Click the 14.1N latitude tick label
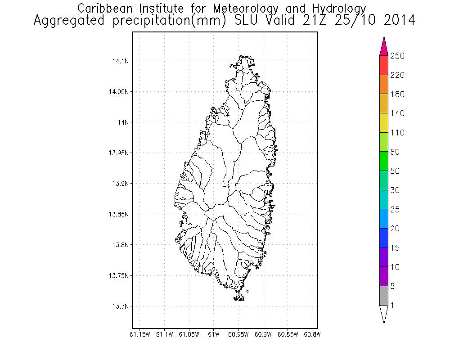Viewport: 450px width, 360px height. pyautogui.click(x=119, y=61)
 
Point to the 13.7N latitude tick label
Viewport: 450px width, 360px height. pyautogui.click(x=119, y=306)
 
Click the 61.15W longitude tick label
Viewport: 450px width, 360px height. pyautogui.click(x=139, y=334)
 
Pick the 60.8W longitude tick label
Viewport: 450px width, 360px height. pyautogui.click(x=312, y=334)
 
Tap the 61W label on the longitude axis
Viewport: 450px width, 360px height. pyautogui.click(x=214, y=334)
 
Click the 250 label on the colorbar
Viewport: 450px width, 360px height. pyautogui.click(x=397, y=56)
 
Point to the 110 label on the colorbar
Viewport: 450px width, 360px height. pyautogui.click(x=397, y=133)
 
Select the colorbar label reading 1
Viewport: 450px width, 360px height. pyautogui.click(x=392, y=306)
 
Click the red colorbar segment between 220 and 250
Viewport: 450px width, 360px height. pyautogui.click(x=384, y=65)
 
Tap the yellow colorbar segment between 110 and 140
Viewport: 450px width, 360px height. pyautogui.click(x=384, y=123)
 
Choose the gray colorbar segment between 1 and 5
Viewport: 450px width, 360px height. pyautogui.click(x=384, y=296)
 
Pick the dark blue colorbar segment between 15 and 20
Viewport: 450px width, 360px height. pyautogui.click(x=384, y=238)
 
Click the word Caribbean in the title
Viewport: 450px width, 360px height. pyautogui.click(x=100, y=9)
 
